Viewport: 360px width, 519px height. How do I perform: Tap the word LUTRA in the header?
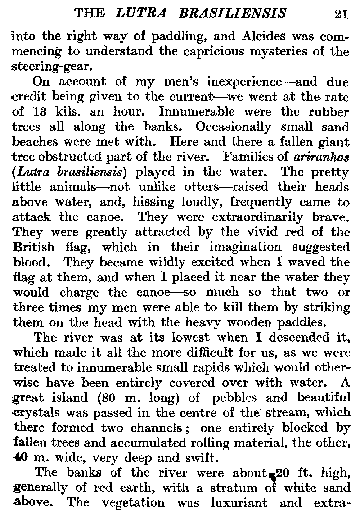[x=142, y=13]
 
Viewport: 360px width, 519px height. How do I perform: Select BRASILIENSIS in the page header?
[x=232, y=13]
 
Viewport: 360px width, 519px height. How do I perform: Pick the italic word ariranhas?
[x=322, y=157]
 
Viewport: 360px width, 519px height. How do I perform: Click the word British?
[x=34, y=247]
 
